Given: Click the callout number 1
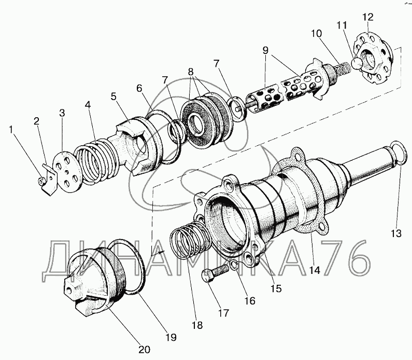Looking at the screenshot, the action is coord(11,129).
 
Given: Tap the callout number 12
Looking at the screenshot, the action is coord(367,17).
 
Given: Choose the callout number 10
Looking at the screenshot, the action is coord(316,34).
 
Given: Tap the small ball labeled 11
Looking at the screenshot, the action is coord(357,63).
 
